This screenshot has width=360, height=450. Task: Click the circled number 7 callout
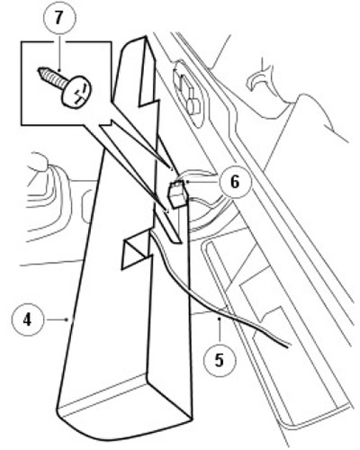[x=59, y=18]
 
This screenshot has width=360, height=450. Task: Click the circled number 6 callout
[x=235, y=182]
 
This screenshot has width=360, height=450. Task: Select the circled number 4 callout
[x=27, y=319]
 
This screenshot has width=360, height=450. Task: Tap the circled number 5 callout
[x=220, y=360]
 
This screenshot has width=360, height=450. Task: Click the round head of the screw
[x=76, y=92]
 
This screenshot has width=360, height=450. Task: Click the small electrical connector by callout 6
[x=178, y=193]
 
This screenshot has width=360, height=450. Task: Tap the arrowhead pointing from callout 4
[x=67, y=319]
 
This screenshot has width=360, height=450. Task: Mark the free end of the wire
[x=288, y=346]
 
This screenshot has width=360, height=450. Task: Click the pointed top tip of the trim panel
[x=146, y=37]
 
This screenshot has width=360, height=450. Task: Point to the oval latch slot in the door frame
[x=189, y=91]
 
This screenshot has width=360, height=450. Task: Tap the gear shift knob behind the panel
[x=40, y=164]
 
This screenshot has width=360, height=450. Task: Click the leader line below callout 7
[x=59, y=52]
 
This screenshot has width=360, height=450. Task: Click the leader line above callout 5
[x=220, y=330]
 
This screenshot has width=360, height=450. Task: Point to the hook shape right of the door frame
[x=257, y=77]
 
